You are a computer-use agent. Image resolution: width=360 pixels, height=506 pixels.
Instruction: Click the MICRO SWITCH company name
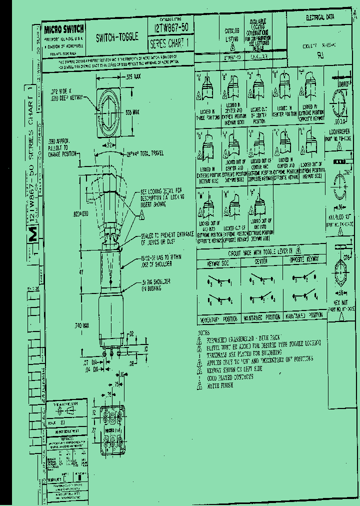[64, 29]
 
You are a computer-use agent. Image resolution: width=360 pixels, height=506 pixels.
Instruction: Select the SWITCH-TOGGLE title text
[116, 37]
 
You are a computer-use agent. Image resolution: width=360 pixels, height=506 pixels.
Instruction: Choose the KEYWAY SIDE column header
[219, 262]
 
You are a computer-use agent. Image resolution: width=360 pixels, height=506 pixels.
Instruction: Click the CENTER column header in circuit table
[261, 261]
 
